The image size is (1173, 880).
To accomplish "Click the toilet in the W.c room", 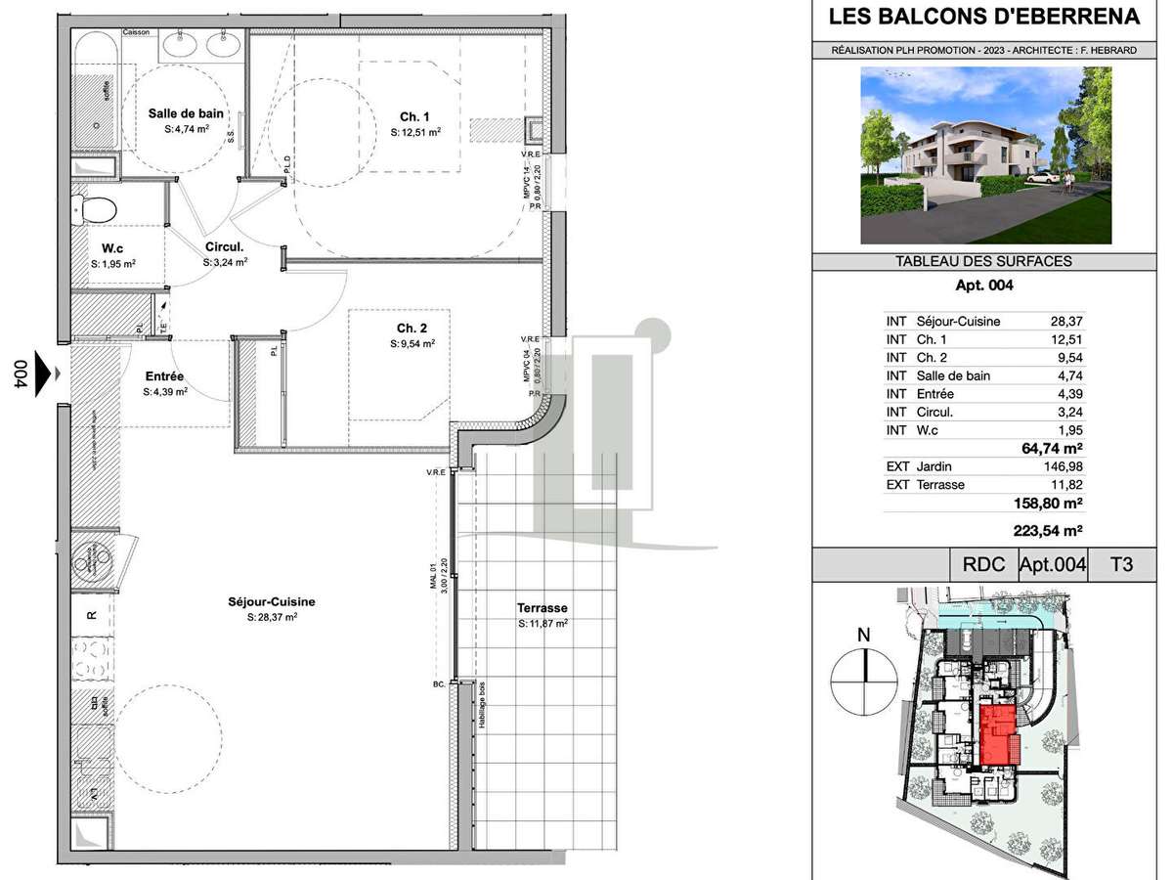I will pos(96,206).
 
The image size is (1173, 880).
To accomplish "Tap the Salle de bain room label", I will pos(186,113).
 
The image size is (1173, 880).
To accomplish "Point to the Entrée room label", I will pos(165,376).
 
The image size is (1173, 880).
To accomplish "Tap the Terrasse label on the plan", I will pos(542,607).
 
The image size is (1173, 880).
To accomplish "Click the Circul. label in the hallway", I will pos(224,247).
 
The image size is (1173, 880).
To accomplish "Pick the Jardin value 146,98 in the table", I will pos(1067,466).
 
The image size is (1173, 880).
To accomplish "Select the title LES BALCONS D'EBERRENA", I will pos(983,17).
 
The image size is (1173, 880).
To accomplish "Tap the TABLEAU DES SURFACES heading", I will pos(983,261).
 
